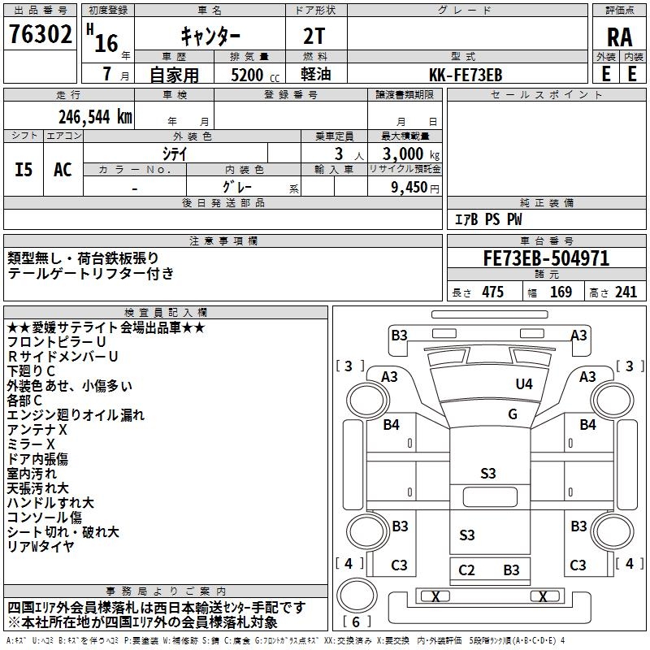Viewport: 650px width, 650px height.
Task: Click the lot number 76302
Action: [41, 36]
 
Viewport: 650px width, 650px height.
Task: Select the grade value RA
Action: [620, 38]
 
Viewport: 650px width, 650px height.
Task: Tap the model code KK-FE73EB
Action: [466, 74]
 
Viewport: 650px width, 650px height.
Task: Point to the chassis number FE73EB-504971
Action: [546, 259]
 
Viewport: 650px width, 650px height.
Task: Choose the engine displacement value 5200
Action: [246, 75]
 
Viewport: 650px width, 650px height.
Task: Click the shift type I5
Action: [24, 170]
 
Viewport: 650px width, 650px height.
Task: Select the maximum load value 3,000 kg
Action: [405, 154]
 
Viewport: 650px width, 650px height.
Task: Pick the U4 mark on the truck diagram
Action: [524, 383]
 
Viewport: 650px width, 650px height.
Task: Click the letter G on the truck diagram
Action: [513, 414]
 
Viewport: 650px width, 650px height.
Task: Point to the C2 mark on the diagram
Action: [466, 570]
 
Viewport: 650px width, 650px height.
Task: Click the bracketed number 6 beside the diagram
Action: [356, 622]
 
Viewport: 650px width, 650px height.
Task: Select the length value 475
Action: [492, 292]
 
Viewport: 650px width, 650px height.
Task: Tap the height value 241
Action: [626, 292]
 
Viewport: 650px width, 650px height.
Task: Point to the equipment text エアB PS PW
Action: [487, 219]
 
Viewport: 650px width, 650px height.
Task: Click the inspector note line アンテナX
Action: [37, 429]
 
